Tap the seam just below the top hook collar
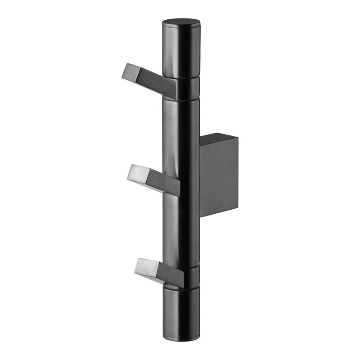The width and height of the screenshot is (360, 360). tap(182, 99)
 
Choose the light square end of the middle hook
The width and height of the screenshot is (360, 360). tap(137, 173)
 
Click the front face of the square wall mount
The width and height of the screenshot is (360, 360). tap(219, 180)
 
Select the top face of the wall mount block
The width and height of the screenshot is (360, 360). tap(219, 139)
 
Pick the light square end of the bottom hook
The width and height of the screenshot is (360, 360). tap(144, 266)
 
